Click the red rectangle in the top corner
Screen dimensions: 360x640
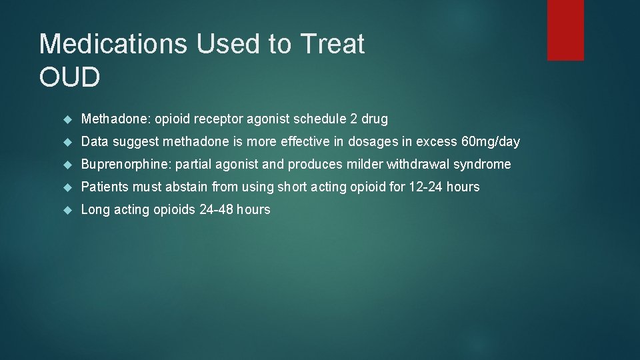point(565,30)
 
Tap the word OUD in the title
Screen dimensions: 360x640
point(70,77)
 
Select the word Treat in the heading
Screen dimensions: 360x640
point(333,44)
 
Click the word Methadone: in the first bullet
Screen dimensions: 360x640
point(115,119)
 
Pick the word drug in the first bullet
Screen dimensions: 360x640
point(374,119)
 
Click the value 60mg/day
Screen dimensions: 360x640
point(490,142)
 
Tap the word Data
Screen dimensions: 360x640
point(95,142)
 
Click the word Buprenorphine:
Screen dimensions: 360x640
point(126,164)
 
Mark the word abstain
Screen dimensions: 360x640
point(185,187)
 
